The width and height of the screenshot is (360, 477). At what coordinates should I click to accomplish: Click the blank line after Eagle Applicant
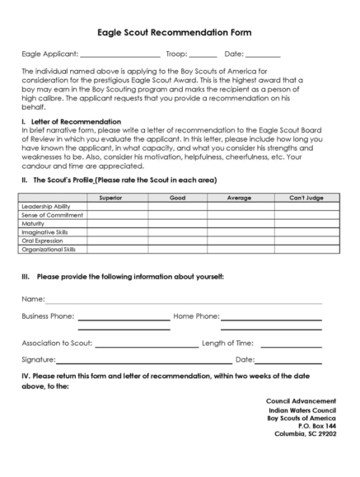[x=119, y=56]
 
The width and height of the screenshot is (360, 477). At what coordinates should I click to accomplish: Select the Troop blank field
[x=203, y=56]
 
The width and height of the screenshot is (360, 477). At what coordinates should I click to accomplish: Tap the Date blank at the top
[x=264, y=56]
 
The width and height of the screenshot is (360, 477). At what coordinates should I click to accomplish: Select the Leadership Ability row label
[x=45, y=206]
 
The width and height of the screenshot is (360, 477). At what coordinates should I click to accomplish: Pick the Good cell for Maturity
[x=177, y=223]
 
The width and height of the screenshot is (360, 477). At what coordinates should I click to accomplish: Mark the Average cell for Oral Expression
[x=236, y=240]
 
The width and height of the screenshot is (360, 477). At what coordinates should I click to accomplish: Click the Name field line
[x=181, y=302]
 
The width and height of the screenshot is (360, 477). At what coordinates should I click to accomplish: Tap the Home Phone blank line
[x=271, y=318]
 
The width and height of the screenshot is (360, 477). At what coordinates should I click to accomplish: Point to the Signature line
[x=143, y=362]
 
